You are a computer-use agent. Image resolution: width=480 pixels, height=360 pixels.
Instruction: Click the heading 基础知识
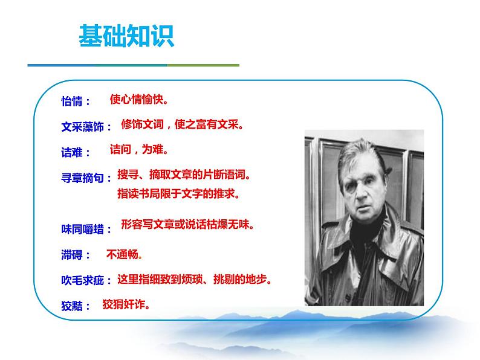[x=126, y=36]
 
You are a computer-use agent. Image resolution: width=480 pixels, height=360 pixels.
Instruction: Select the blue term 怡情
[x=75, y=101]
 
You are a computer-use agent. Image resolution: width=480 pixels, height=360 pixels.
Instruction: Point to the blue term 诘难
[x=75, y=153]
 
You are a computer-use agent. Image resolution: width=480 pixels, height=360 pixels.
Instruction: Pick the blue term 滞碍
[x=75, y=256]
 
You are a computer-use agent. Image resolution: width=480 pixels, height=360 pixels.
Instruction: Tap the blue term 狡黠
[x=75, y=306]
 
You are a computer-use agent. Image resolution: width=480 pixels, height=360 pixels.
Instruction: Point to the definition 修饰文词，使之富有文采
[x=181, y=125]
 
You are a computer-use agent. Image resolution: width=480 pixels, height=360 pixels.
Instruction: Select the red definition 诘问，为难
[x=138, y=149]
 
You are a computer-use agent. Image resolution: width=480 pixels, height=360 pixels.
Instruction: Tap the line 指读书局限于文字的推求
[x=178, y=194]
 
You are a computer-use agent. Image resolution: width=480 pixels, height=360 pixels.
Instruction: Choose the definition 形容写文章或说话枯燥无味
[x=187, y=225]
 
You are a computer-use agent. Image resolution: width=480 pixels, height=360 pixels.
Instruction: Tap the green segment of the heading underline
[x=203, y=65]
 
